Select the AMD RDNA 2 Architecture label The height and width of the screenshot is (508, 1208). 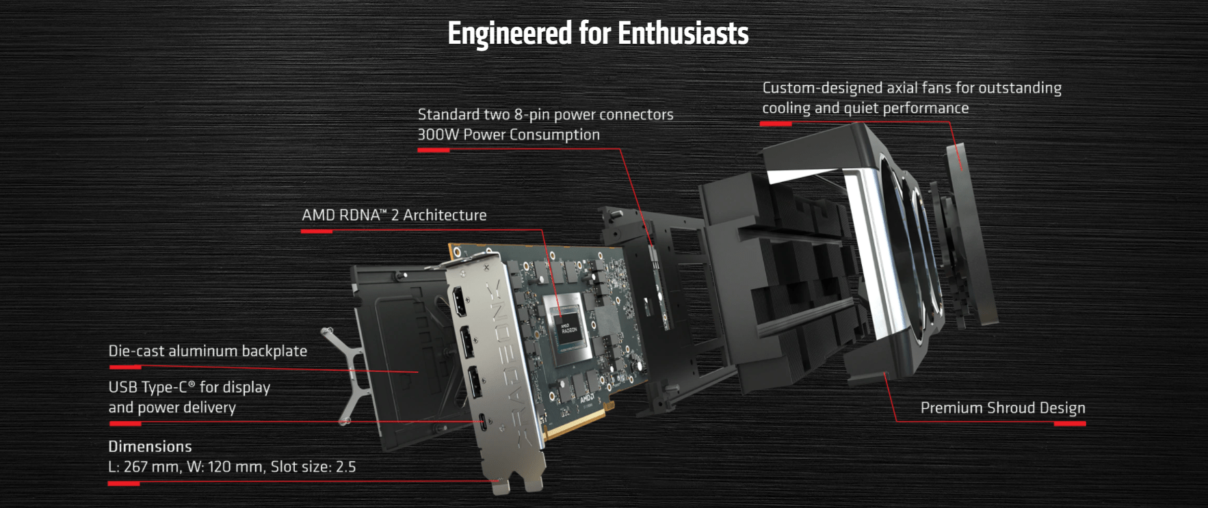394,215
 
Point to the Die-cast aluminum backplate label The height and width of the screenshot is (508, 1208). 208,351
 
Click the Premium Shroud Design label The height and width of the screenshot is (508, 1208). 1003,408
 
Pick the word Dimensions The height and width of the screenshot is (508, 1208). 150,446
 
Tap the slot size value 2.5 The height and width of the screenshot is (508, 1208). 345,467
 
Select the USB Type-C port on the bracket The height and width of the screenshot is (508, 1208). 484,421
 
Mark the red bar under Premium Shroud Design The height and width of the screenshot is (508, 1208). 1070,424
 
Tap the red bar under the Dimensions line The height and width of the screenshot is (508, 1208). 124,484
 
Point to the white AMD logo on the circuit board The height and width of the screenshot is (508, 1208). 587,398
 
